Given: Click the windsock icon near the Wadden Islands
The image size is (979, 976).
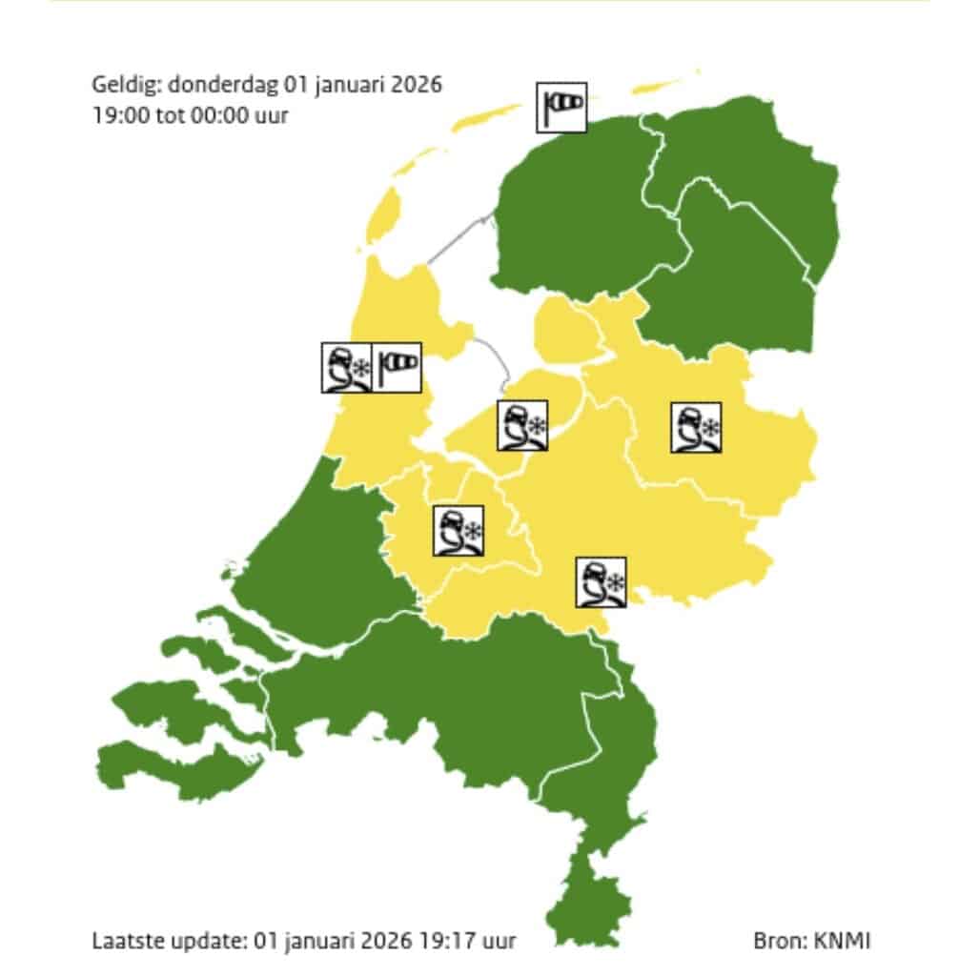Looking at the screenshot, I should coord(561,107).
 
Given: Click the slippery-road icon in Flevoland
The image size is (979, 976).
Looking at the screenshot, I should coord(522,426).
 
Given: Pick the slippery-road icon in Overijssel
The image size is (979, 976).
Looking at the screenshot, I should coord(696,427).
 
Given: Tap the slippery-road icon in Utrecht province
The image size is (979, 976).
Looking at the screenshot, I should coord(459,531).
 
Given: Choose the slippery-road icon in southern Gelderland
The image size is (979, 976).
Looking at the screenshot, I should coord(601,582).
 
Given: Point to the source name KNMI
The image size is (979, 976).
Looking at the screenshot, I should coord(842,941).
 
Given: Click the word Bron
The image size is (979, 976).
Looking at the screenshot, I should coord(779,941).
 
